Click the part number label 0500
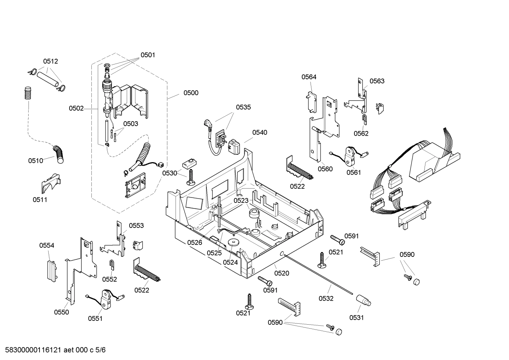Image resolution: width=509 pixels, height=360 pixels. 191,93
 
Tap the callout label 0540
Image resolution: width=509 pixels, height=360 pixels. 259,132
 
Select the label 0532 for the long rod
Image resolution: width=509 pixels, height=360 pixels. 326,299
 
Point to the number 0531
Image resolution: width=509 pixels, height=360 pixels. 357,318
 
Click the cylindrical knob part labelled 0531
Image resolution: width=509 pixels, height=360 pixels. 363,301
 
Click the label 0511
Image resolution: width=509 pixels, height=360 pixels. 40,200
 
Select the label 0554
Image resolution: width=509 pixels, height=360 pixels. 47,245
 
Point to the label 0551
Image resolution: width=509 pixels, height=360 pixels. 95,318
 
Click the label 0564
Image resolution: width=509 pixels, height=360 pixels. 309,77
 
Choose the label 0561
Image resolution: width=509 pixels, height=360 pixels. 353,172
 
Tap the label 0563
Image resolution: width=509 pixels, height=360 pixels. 377,81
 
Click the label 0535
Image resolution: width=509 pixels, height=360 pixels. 243,107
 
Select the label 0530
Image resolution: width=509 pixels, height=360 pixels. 169,173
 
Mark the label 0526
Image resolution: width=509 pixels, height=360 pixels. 194,242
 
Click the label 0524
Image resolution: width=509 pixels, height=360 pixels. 230,262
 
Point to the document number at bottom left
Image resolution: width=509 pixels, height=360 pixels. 53,350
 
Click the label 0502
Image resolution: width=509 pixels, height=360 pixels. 76,108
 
